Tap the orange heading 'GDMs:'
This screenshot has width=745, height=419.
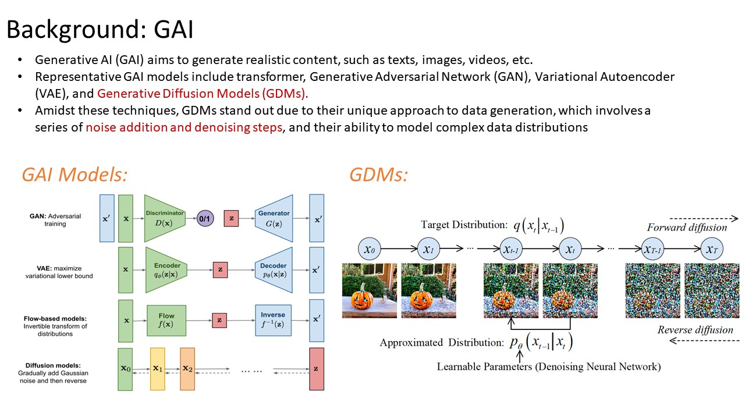point(378,175)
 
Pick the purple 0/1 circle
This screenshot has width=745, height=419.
point(205,218)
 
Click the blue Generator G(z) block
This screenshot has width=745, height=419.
point(274,218)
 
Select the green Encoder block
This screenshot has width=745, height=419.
point(166,270)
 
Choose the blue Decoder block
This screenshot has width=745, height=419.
point(274,270)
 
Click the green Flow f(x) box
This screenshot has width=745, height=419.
point(166,320)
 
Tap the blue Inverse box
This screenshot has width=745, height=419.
point(274,320)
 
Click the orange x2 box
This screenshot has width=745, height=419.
point(187,369)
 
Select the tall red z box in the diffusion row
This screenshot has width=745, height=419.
point(317,369)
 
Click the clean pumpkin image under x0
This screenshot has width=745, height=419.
point(369,290)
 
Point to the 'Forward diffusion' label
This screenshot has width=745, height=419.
point(687,228)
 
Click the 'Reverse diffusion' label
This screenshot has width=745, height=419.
point(695,330)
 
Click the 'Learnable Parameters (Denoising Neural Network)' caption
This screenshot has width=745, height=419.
point(549,367)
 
